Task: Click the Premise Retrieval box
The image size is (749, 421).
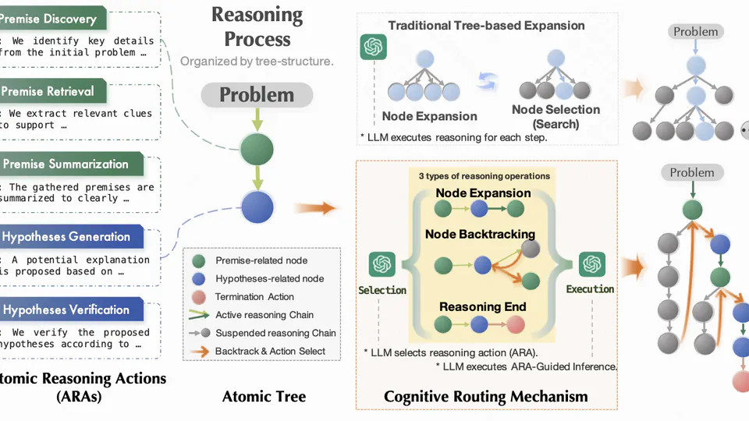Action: tap(59, 91)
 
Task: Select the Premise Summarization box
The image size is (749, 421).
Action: tap(66, 165)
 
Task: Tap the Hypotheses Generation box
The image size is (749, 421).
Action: tap(66, 237)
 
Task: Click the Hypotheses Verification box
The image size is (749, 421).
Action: tap(66, 310)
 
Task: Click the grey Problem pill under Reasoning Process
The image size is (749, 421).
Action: tap(257, 95)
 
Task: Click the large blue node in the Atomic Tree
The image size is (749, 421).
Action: tap(257, 207)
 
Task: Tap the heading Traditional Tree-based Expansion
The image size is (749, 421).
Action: tap(486, 25)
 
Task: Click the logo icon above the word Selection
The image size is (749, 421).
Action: tap(382, 264)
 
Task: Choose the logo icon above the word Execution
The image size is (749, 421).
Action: tap(590, 264)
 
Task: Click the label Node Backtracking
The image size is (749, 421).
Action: tap(480, 234)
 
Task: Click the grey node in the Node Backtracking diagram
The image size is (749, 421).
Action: tap(530, 249)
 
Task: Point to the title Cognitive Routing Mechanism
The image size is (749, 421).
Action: tap(485, 397)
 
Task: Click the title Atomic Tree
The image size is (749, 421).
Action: tap(264, 397)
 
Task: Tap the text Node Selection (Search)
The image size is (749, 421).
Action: tap(556, 117)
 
